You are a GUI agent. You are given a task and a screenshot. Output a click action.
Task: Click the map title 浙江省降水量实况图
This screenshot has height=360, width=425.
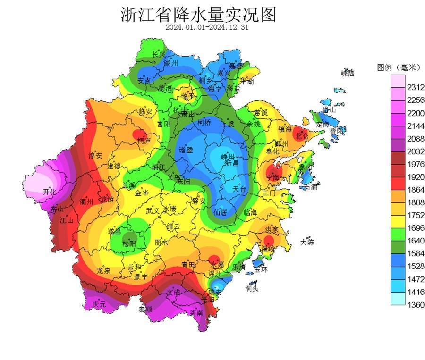(x=198, y=15)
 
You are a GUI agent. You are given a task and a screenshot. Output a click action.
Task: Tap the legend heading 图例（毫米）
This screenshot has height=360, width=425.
(x=399, y=67)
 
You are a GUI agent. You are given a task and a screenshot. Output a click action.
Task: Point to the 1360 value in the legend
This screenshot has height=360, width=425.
(x=416, y=305)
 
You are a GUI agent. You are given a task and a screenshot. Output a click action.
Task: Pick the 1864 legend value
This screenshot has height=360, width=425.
(x=416, y=190)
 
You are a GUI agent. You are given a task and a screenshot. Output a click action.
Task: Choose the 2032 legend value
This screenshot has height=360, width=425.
(x=416, y=151)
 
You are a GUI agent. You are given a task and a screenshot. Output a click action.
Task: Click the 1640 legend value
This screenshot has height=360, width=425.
(x=416, y=241)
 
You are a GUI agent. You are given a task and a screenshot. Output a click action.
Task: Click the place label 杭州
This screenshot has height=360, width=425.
(x=180, y=110)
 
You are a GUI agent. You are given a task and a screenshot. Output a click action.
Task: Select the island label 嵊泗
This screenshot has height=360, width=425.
(x=348, y=73)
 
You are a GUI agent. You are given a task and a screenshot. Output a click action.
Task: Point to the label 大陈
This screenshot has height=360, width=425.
(x=307, y=243)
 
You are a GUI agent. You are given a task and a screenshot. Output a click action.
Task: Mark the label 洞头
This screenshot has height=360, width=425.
(x=252, y=288)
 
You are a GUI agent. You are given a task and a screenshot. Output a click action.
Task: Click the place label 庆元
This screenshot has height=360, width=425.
(x=99, y=305)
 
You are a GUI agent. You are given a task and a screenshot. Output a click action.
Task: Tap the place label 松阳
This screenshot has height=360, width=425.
(x=128, y=243)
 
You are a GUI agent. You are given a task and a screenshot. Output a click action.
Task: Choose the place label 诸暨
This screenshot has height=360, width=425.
(x=186, y=150)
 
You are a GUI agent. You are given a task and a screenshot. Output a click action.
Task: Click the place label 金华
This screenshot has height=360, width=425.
(x=142, y=193)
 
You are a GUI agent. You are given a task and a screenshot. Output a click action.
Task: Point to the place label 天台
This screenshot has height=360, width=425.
(x=239, y=188)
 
